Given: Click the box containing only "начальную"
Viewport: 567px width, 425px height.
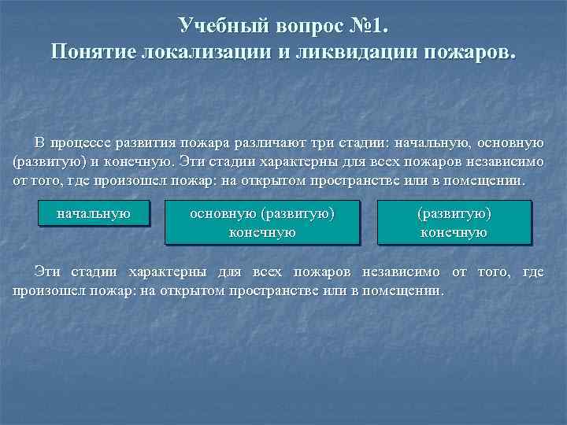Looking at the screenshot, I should tap(94, 213).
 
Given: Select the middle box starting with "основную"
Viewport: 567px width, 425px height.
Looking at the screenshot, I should tap(262, 222).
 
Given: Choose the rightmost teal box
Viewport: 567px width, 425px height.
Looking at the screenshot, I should tap(454, 222).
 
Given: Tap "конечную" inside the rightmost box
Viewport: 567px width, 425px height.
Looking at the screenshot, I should tap(454, 232).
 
